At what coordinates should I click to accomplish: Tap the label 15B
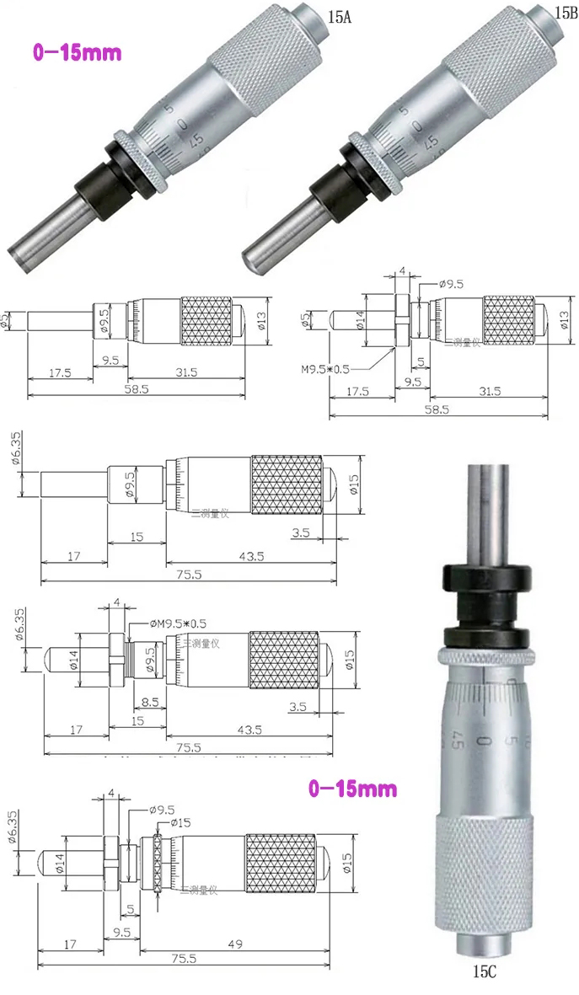(564, 13)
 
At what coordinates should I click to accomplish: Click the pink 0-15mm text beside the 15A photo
(77, 52)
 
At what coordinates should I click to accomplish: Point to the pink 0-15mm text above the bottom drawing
(351, 789)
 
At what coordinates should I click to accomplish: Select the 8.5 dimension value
(151, 701)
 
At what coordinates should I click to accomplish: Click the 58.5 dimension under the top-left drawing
(132, 390)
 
